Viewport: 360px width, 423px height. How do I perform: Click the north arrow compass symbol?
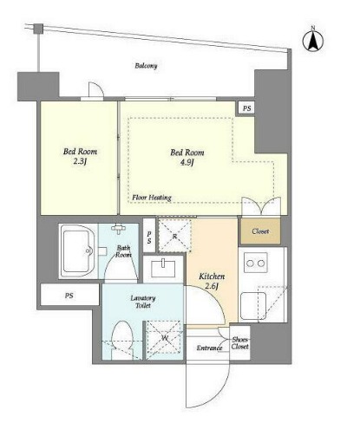[312, 40]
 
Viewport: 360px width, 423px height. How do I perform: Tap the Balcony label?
[146, 66]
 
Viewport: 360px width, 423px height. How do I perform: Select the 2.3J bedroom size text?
[80, 161]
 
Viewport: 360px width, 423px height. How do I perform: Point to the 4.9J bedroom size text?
[187, 163]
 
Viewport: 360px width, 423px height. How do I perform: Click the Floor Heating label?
[152, 198]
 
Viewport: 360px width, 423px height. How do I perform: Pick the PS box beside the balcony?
[246, 108]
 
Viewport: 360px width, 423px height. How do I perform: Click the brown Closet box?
[260, 231]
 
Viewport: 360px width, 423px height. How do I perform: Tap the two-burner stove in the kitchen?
[256, 263]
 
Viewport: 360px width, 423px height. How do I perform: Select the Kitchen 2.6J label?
[212, 281]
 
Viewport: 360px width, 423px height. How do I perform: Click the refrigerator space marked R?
[174, 236]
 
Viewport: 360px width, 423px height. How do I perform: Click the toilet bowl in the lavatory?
[122, 341]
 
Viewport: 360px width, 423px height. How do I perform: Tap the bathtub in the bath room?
[77, 251]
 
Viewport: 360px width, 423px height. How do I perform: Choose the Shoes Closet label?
[240, 343]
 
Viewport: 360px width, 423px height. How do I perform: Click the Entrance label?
[209, 348]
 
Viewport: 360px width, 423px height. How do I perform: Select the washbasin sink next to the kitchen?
[163, 269]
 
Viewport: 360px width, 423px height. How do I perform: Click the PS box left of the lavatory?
[69, 295]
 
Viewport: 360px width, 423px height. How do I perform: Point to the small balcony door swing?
[96, 90]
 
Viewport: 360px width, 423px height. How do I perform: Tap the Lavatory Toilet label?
[143, 302]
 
